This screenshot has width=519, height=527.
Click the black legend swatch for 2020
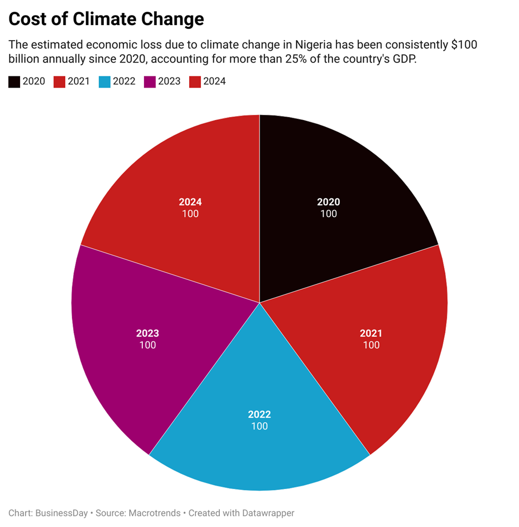[14, 81]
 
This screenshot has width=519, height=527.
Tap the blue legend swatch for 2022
[104, 81]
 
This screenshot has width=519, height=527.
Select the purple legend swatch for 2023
[150, 81]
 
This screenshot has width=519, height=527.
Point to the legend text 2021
[79, 81]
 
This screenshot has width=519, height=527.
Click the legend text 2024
[214, 81]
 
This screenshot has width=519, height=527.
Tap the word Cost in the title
[27, 20]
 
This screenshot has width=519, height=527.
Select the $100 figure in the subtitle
[464, 45]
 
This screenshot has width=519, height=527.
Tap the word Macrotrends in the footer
[154, 513]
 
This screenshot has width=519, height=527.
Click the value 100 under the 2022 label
[259, 426]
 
